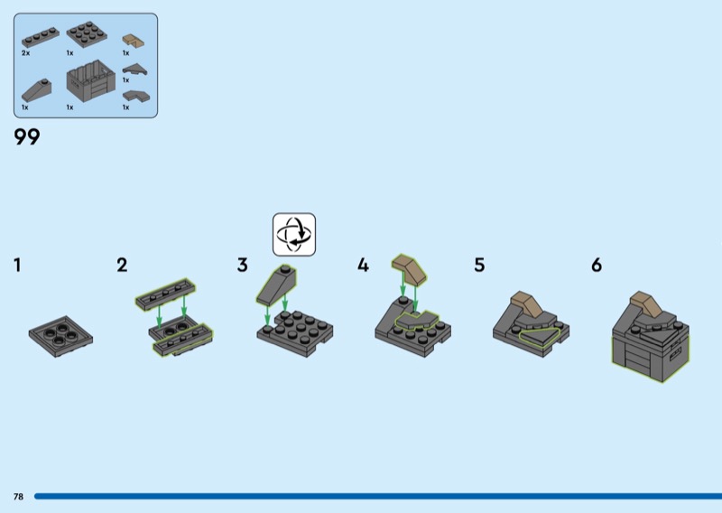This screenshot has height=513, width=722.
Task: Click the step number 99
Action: (27, 137)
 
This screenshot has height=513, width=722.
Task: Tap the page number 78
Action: (18, 497)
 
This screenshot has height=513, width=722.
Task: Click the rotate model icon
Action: (294, 234)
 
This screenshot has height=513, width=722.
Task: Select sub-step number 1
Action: (17, 265)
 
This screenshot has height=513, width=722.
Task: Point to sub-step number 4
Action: (363, 265)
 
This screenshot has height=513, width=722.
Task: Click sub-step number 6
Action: (597, 265)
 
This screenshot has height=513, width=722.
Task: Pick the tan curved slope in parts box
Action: (133, 41)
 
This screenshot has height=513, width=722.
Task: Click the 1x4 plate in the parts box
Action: (40, 38)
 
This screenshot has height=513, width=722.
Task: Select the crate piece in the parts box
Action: (91, 81)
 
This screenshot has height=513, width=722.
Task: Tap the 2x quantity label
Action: (25, 53)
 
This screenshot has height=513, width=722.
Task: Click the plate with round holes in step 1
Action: (60, 337)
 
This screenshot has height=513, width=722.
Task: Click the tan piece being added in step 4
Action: (410, 269)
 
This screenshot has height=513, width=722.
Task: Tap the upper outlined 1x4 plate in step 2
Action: (165, 294)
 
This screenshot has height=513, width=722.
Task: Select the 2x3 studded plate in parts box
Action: (87, 33)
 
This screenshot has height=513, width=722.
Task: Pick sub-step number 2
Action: (122, 265)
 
